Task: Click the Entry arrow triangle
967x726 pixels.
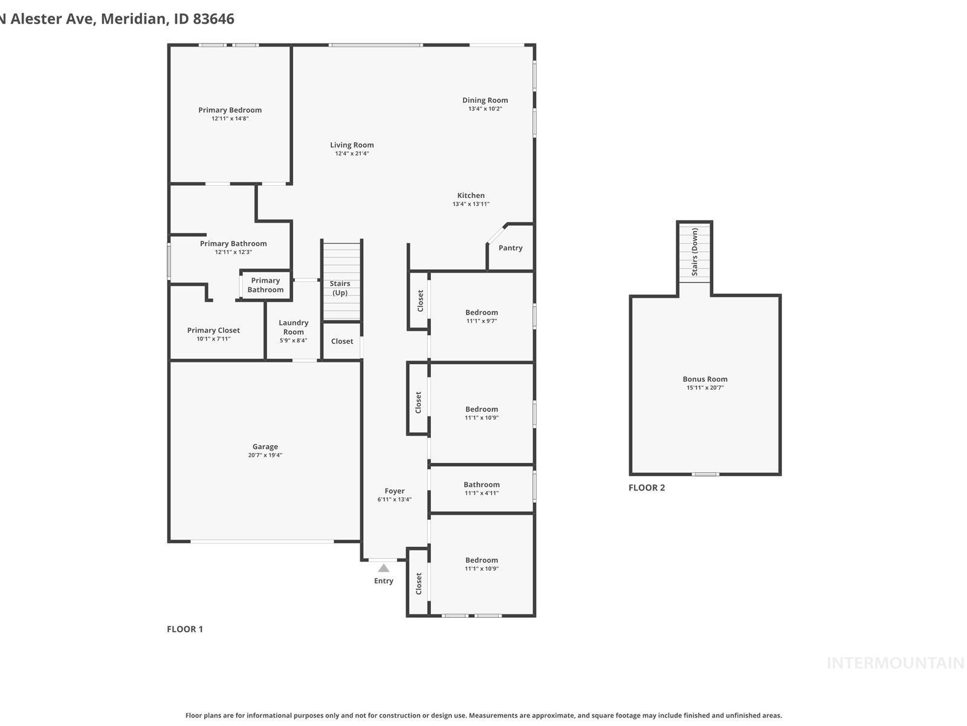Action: [384, 568]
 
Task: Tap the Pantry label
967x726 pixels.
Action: [511, 248]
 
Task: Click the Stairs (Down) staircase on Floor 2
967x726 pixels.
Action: [694, 252]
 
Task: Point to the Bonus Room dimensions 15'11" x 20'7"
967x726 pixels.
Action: [705, 388]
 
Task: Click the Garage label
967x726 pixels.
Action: [265, 446]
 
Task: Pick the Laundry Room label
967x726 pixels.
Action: [294, 327]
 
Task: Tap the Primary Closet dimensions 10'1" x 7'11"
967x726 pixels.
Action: [213, 339]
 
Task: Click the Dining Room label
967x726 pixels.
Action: [485, 100]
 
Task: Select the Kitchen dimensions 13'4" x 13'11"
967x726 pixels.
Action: [471, 204]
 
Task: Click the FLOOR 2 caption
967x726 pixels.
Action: [647, 488]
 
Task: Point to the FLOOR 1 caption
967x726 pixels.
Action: [185, 629]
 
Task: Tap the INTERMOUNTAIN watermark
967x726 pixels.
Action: [895, 663]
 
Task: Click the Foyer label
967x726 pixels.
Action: [395, 491]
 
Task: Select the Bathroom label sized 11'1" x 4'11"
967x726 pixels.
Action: [482, 485]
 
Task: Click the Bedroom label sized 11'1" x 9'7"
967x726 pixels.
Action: [482, 313]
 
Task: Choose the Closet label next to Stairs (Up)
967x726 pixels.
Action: [342, 341]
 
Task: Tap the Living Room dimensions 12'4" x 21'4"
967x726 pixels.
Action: [352, 154]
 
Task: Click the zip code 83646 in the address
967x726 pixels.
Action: [213, 19]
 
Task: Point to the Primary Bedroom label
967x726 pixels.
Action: [230, 110]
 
